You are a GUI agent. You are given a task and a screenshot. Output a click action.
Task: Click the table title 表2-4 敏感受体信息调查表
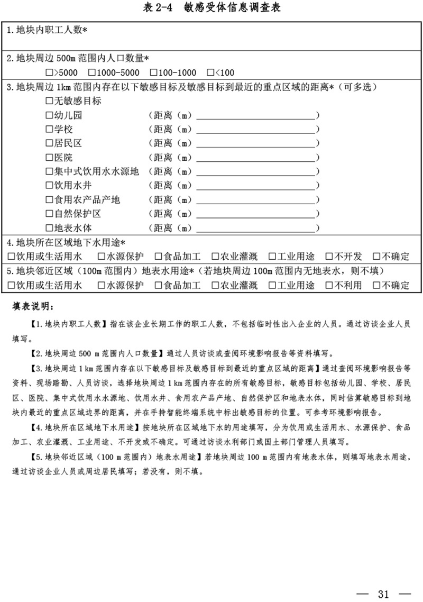pyautogui.click(x=212, y=8)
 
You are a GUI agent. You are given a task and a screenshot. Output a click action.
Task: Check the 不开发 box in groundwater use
pyautogui.click(x=329, y=257)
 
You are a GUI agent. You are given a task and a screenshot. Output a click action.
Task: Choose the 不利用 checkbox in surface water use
pyautogui.click(x=329, y=286)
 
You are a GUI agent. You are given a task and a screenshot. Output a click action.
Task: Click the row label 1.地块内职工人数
pyautogui.click(x=47, y=30)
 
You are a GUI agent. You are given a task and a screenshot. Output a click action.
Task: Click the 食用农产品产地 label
pyautogui.click(x=87, y=200)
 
